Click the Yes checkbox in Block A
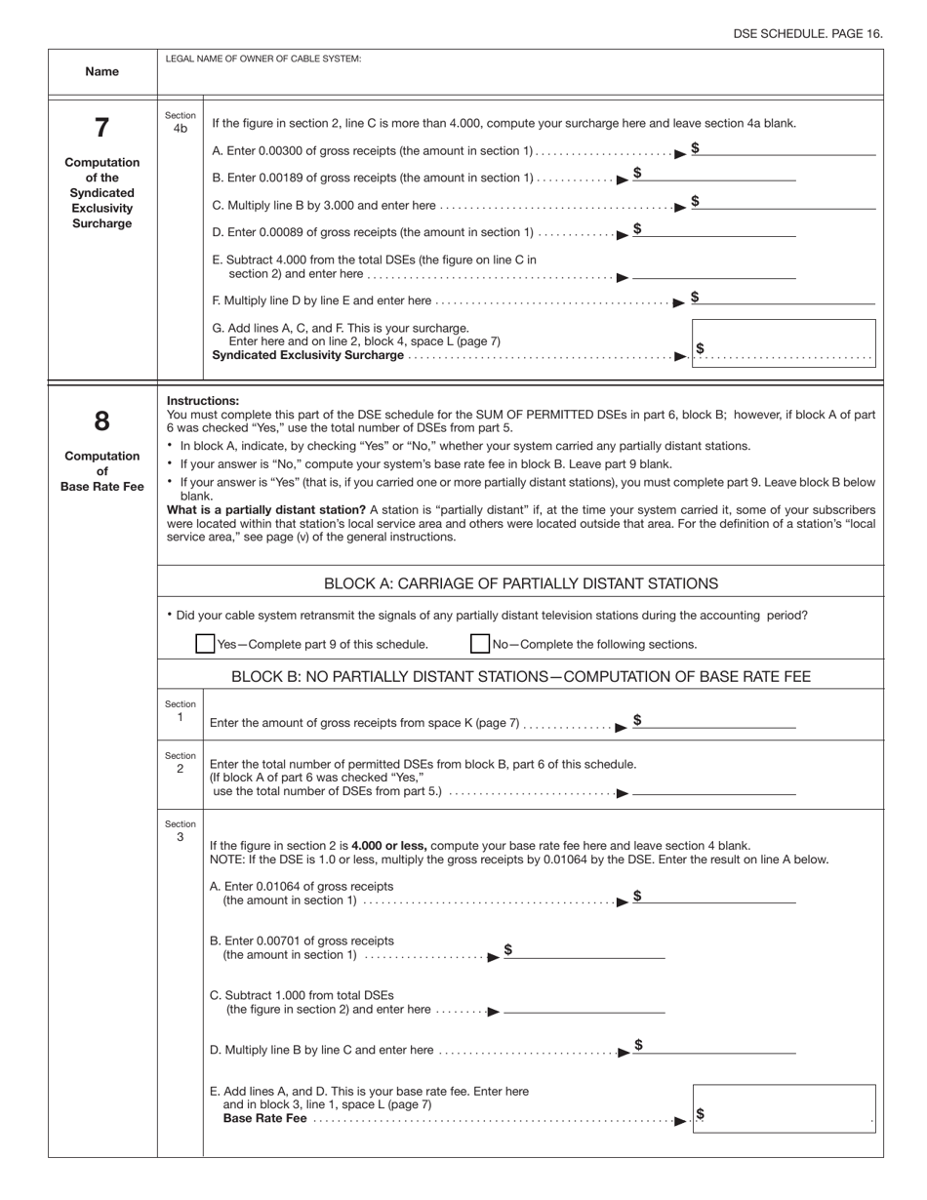pos(205,644)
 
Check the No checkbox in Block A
pos(480,644)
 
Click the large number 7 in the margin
pos(101,128)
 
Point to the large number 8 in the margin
pos(101,421)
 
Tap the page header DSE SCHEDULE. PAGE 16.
pos(807,33)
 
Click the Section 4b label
pos(181,122)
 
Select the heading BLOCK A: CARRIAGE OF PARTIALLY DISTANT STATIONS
pos(520,583)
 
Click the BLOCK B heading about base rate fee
pos(520,676)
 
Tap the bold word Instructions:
pos(203,401)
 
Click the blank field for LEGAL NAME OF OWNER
pos(520,78)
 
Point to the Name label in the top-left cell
pos(101,71)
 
